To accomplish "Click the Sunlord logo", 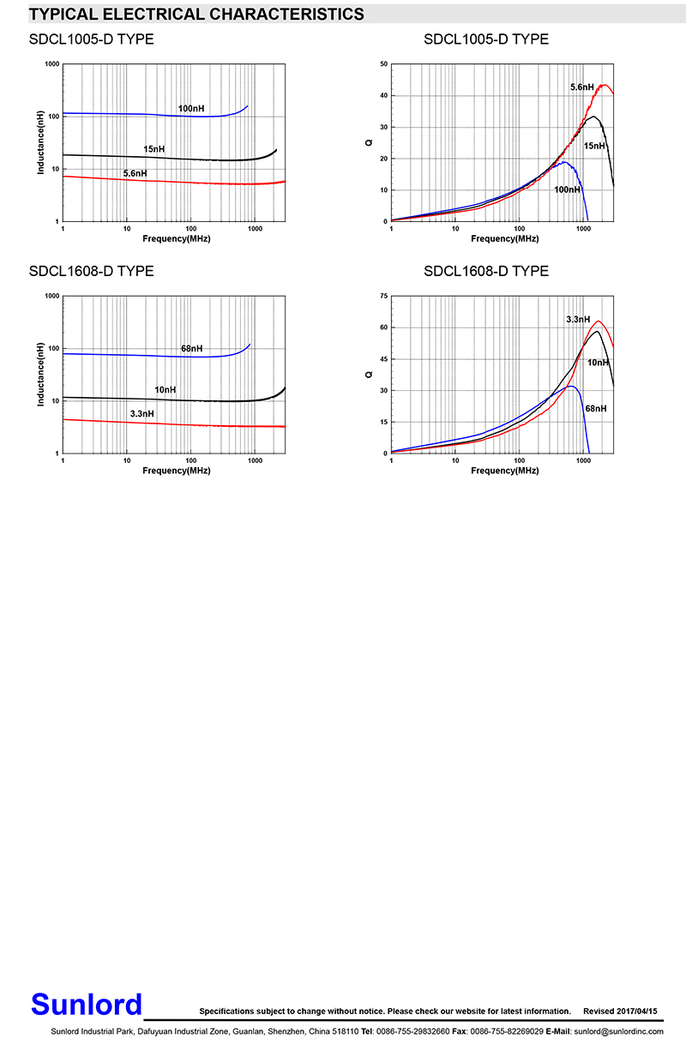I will click(87, 1004).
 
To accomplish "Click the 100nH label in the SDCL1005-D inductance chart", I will click(191, 109).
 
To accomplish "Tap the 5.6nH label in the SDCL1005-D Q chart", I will click(582, 87).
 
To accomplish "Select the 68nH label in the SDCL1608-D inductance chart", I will click(192, 349).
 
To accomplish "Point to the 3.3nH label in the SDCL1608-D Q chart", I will click(578, 320).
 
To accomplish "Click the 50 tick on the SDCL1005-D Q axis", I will click(383, 64).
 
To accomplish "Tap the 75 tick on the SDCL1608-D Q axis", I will click(383, 296).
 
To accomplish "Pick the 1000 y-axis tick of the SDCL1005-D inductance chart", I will click(51, 64).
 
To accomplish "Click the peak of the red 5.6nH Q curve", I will click(605, 85).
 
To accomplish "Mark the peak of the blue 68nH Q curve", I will click(570, 386).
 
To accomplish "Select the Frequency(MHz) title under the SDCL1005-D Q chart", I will click(504, 238).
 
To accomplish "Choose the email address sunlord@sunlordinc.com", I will click(618, 1030).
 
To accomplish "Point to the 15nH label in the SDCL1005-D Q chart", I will click(594, 147).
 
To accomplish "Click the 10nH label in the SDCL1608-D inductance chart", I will click(165, 390).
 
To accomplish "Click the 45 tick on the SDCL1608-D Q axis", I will click(383, 359).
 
